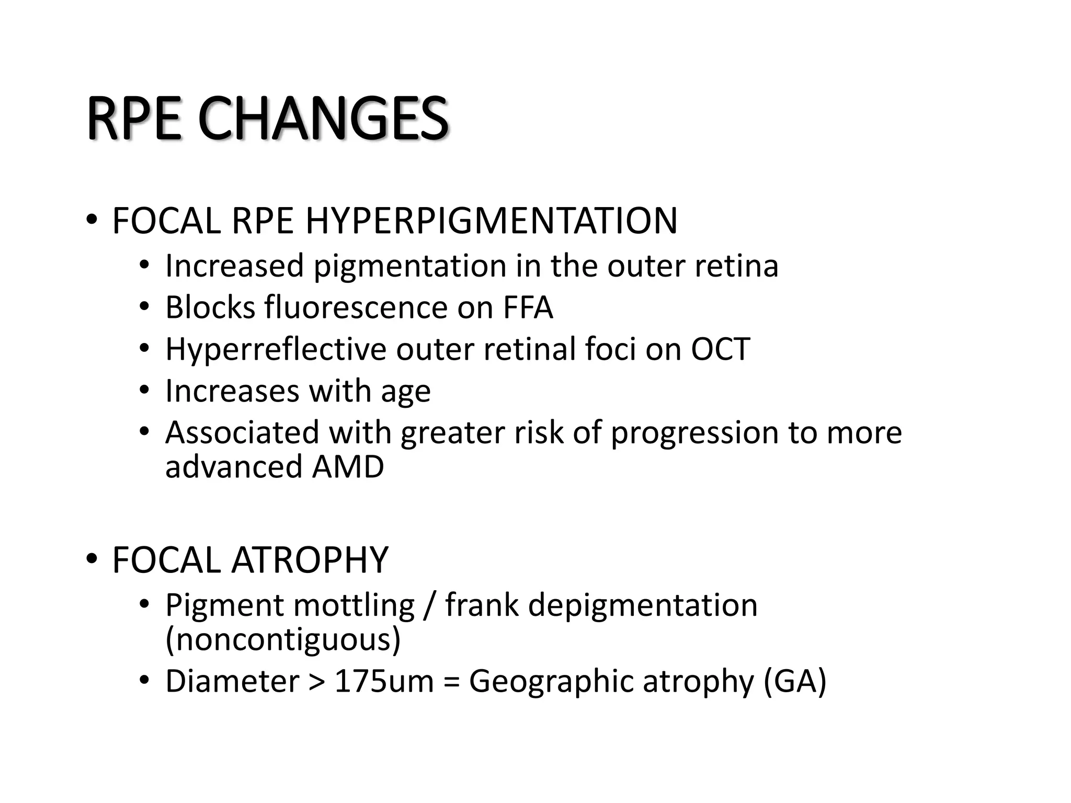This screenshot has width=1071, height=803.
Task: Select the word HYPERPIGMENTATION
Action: coord(491,221)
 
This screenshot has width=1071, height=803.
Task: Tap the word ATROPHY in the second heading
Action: coord(310,560)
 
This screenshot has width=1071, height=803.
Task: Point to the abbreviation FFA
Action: coord(528,307)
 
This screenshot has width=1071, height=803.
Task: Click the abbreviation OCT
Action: coord(720,349)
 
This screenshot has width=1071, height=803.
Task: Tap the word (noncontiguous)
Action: coord(283,639)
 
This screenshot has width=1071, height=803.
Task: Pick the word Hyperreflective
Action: coord(276,349)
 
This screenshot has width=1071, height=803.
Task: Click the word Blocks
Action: coord(210,307)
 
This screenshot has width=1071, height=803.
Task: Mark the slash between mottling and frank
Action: coord(429,605)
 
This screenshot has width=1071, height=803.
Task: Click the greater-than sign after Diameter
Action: coord(317,682)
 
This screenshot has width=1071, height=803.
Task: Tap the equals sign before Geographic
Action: coord(451,682)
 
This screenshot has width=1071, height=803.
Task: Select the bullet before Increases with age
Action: coord(144,390)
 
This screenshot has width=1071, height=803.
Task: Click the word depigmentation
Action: coord(643,605)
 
